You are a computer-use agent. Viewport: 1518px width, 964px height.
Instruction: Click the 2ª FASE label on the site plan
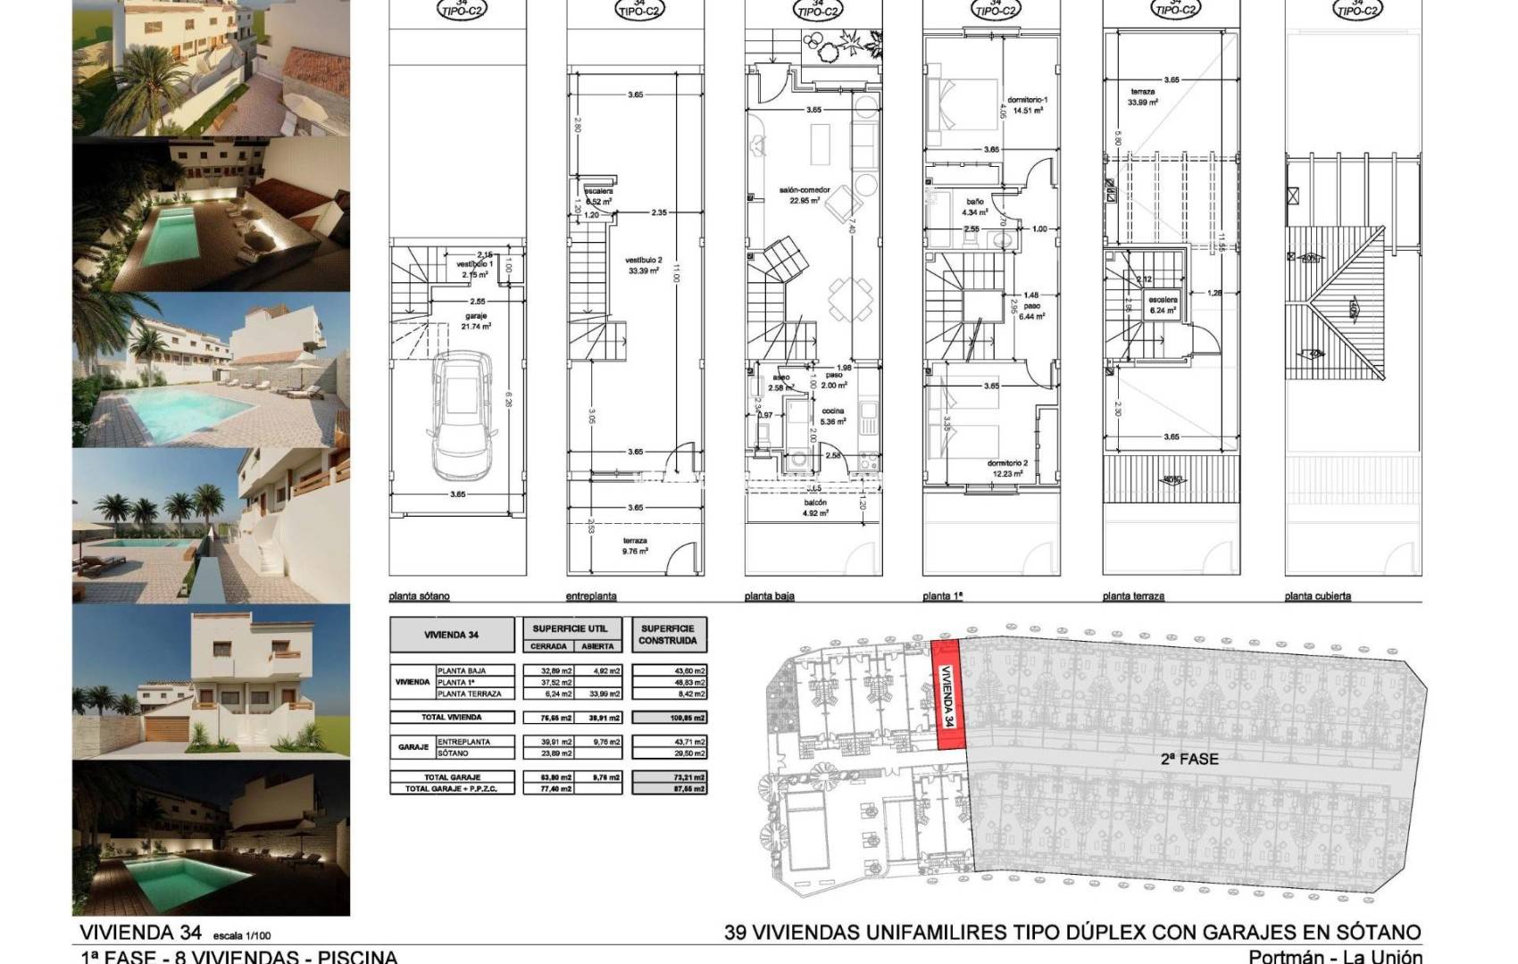tap(1189, 760)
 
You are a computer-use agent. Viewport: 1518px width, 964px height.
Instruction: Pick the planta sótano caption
tap(419, 596)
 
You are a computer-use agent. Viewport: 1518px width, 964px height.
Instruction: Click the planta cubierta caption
tap(1317, 596)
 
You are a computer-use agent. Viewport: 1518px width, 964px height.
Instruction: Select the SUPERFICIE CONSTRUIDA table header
tap(668, 634)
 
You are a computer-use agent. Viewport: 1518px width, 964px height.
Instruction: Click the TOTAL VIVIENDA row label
tap(452, 718)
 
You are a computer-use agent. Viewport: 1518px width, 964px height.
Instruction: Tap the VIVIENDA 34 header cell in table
tap(452, 636)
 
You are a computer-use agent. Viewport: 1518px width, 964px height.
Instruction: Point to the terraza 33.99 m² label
tap(1144, 97)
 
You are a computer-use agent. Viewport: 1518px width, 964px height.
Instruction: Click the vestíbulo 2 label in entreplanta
tap(642, 265)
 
